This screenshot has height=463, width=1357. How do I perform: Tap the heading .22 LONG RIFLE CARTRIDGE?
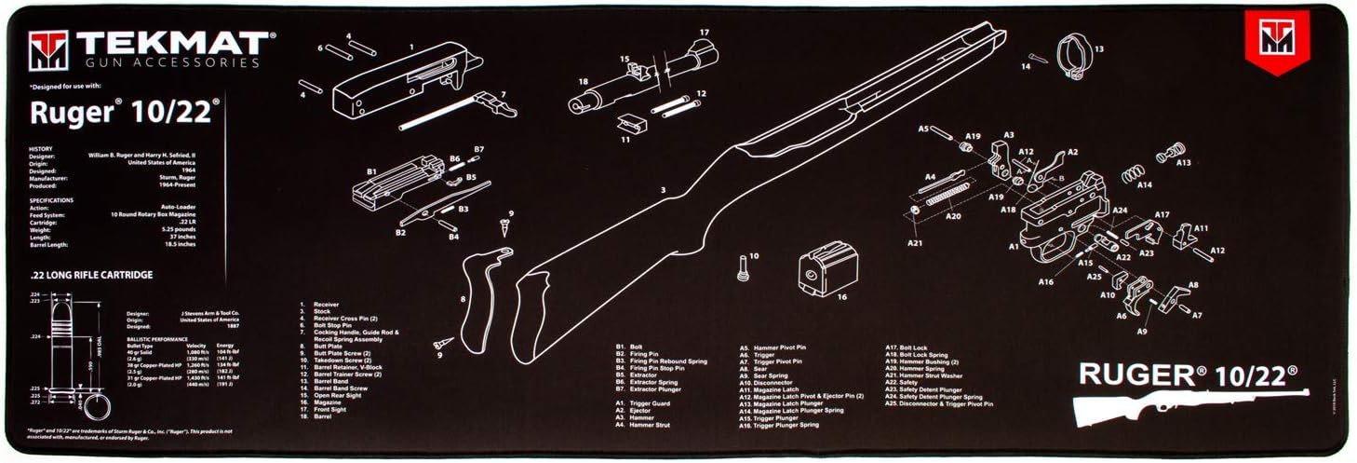pyautogui.click(x=91, y=275)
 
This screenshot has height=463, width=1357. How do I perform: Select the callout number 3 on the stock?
pyautogui.click(x=664, y=191)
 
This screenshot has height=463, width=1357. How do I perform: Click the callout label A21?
pyautogui.click(x=916, y=244)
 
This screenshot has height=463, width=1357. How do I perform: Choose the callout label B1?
pyautogui.click(x=371, y=171)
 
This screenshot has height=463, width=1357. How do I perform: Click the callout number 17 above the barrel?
pyautogui.click(x=705, y=33)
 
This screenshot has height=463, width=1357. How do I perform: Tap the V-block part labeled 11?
pyautogui.click(x=629, y=124)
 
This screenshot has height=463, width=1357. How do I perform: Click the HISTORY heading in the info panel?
pyautogui.click(x=41, y=148)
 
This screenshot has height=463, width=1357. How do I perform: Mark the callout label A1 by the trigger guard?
pyautogui.click(x=1013, y=247)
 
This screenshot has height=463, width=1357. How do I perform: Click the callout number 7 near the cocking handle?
pyautogui.click(x=504, y=94)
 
